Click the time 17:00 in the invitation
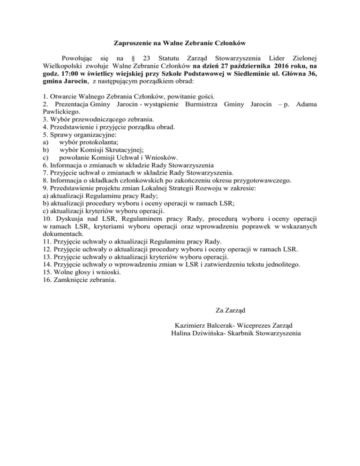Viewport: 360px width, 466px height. point(59,74)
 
